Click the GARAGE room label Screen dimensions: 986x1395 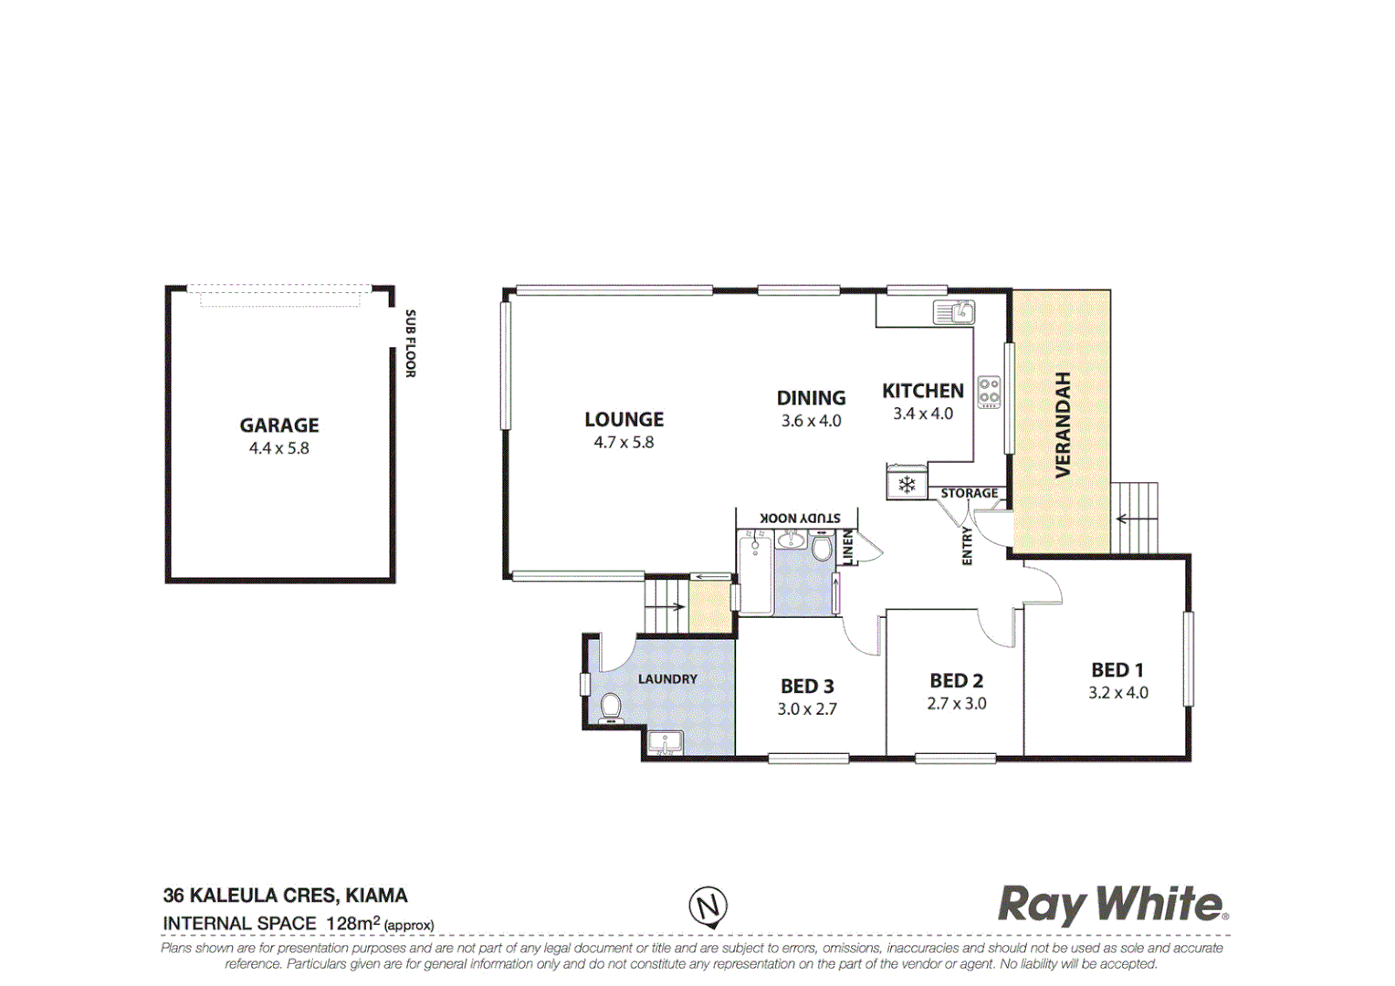tap(279, 425)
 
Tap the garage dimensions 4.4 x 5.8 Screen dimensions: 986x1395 tap(279, 448)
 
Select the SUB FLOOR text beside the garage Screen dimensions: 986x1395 tap(411, 343)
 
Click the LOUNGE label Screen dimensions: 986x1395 tap(624, 420)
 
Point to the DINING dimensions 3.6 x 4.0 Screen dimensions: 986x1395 tap(811, 421)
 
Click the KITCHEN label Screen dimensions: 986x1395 tap(923, 391)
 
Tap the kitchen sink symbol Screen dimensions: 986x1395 tap(954, 313)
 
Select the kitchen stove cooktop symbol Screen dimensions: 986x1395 tap(989, 392)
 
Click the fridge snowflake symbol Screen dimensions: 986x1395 tap(907, 485)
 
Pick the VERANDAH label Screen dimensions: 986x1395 tap(1063, 425)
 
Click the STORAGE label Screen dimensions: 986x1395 tap(970, 493)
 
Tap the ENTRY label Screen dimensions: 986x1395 tap(967, 546)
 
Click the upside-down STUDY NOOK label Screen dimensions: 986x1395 tap(800, 518)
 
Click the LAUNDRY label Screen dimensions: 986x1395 tap(667, 679)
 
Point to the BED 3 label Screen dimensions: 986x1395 tap(807, 687)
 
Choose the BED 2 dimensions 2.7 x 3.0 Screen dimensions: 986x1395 tap(957, 704)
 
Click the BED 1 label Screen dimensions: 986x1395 tap(1117, 670)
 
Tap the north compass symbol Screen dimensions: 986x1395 tap(708, 907)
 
